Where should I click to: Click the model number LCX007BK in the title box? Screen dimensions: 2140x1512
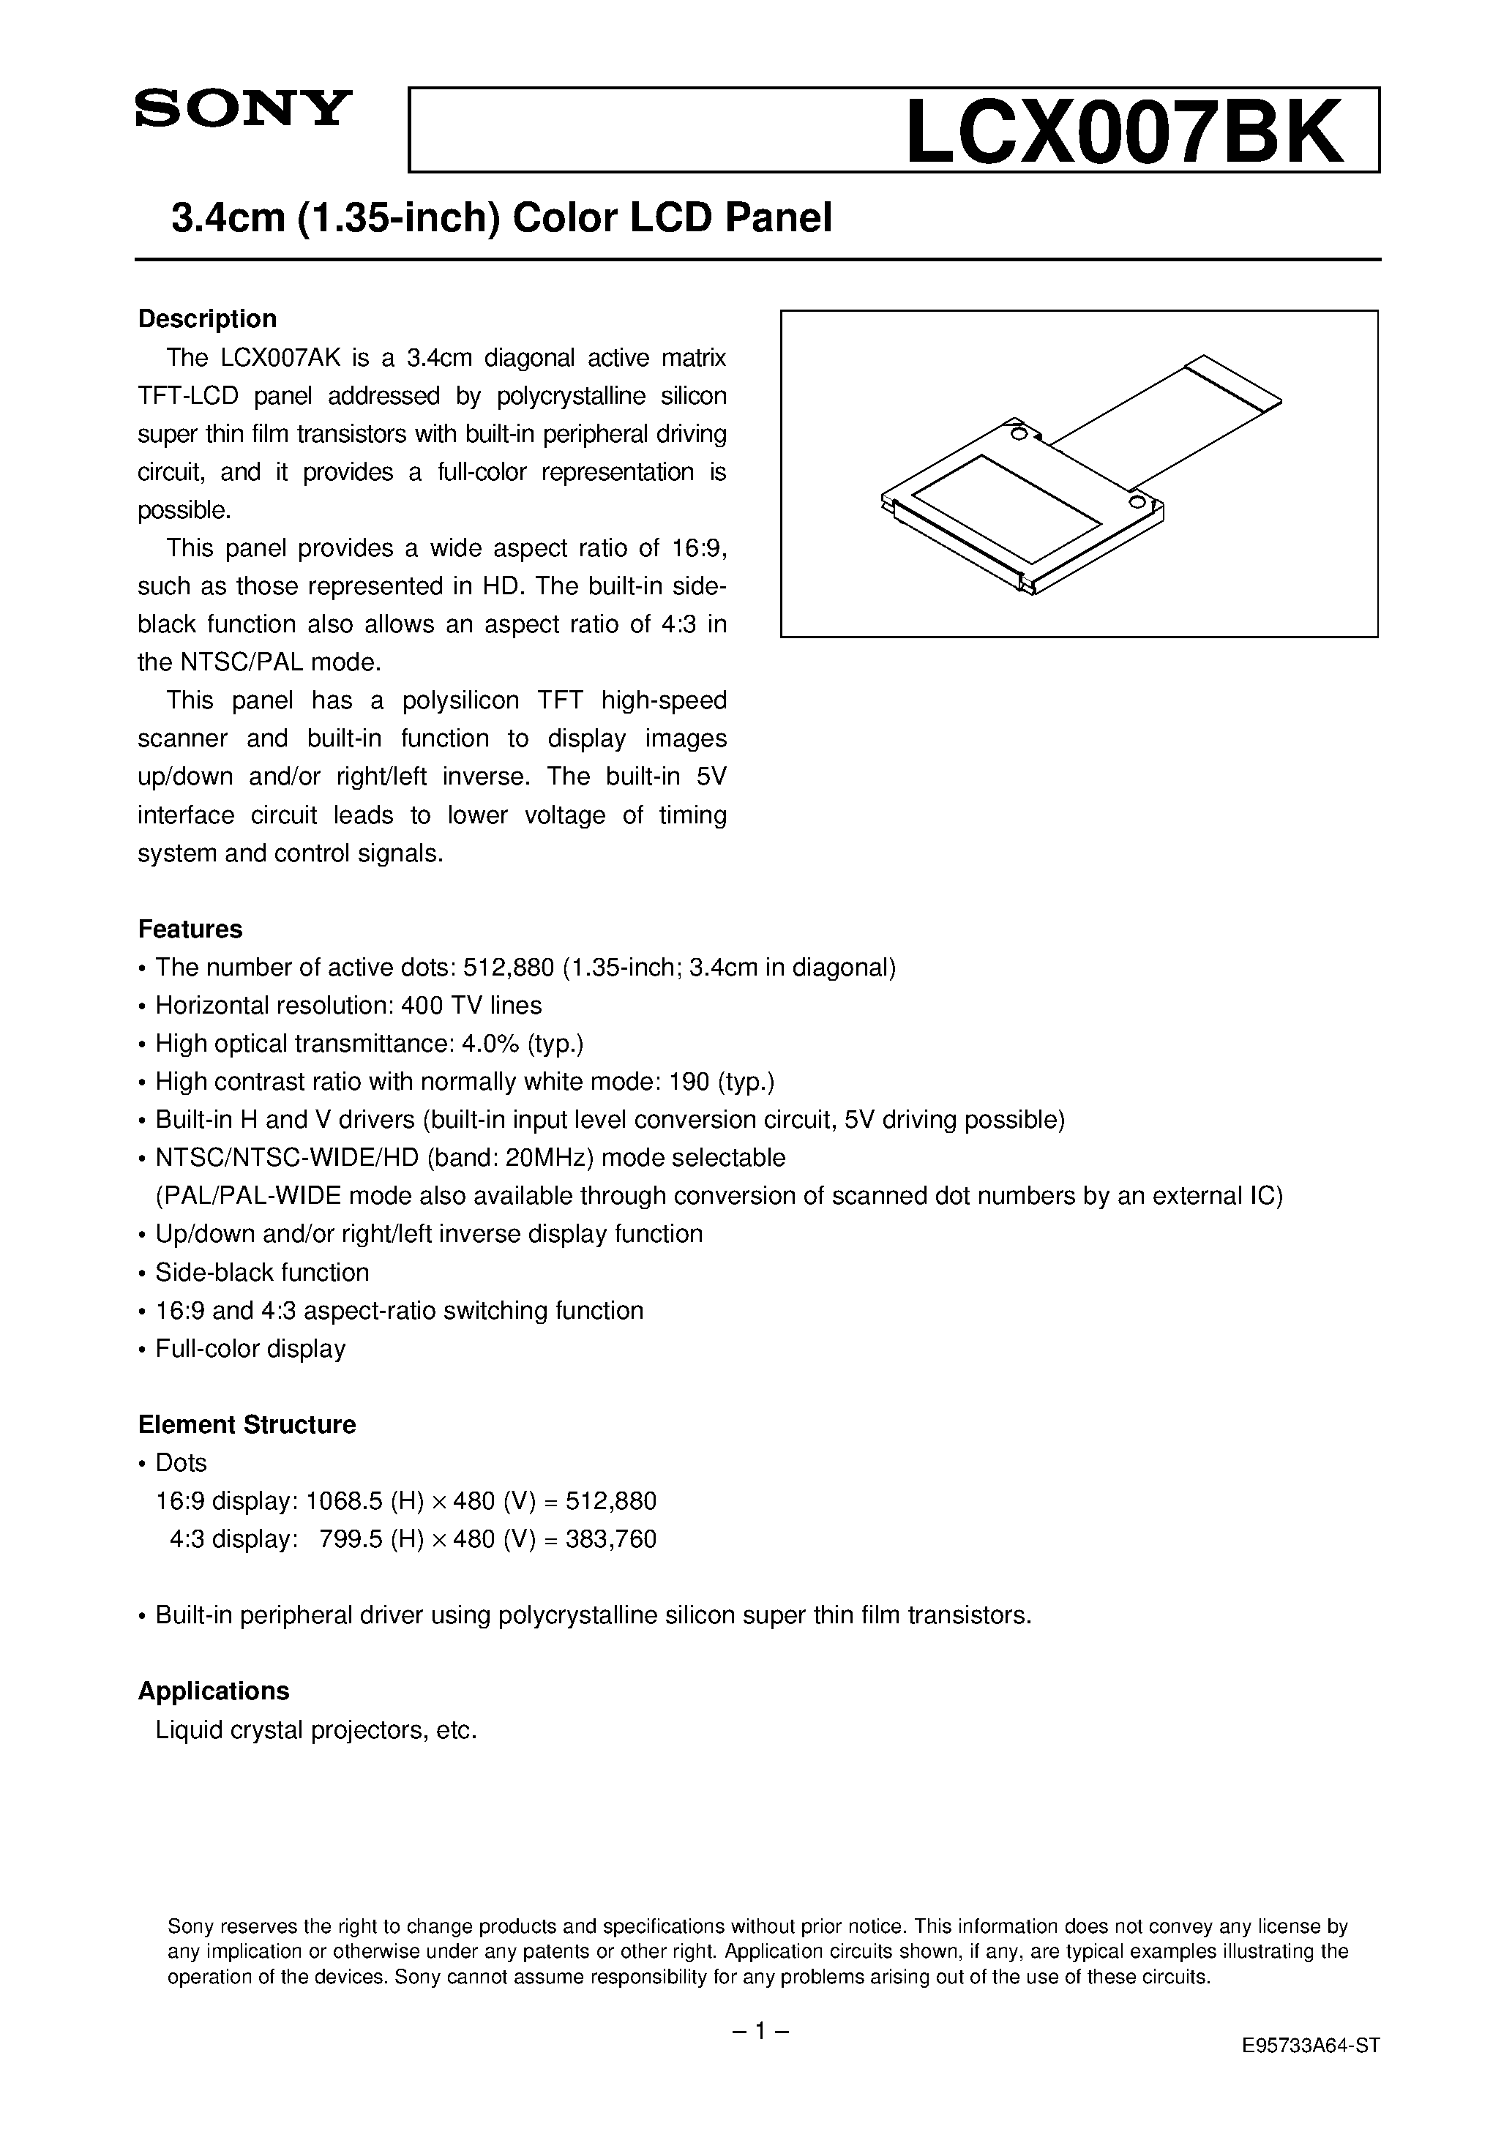coord(1124,132)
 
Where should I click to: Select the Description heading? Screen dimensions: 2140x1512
coord(207,319)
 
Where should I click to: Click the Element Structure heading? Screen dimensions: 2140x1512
coord(247,1424)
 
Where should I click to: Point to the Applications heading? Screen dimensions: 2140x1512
coord(214,1691)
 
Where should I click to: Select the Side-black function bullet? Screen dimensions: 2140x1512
coord(261,1272)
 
